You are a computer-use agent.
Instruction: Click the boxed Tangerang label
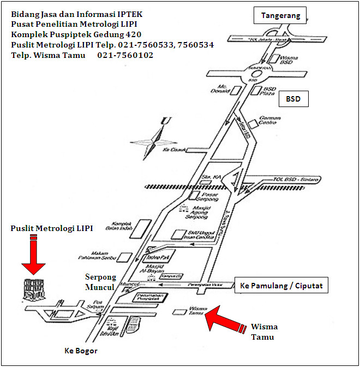[280, 16]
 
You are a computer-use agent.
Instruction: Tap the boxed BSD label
[293, 100]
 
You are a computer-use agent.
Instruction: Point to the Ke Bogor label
[81, 351]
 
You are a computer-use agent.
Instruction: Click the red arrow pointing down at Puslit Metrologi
[34, 253]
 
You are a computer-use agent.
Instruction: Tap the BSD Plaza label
[270, 90]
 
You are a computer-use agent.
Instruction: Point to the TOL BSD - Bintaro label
[296, 179]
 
